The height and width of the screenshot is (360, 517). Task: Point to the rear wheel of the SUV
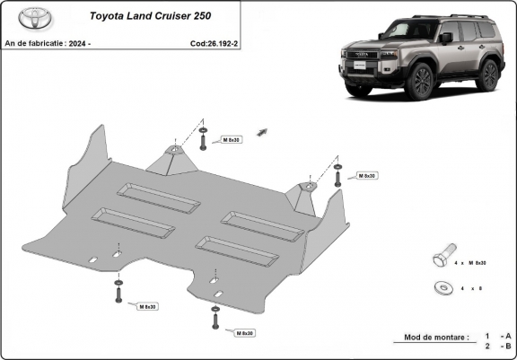(488, 75)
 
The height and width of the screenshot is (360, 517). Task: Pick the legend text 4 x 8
(470, 288)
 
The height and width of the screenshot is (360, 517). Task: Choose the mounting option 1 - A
(491, 335)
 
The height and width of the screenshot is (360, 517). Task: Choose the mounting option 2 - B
(491, 346)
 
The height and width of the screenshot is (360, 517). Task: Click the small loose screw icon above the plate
(262, 133)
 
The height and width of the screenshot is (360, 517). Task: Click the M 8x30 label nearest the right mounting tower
(365, 175)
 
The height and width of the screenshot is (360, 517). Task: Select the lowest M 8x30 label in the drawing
(242, 333)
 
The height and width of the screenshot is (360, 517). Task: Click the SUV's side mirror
(446, 38)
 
